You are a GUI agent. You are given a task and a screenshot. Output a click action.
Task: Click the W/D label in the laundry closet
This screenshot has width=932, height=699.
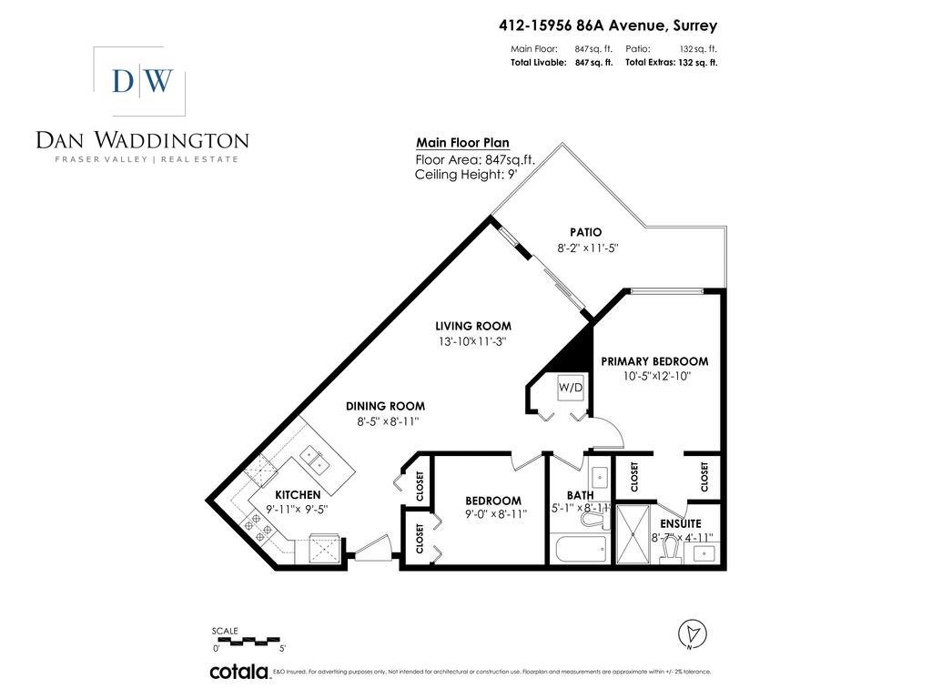click(x=571, y=388)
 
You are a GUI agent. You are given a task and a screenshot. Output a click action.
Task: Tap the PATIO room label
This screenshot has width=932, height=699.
click(x=585, y=232)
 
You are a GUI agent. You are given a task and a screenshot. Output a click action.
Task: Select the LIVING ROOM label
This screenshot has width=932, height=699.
click(x=472, y=326)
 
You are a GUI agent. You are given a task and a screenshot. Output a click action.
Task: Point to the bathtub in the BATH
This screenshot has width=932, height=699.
click(x=580, y=550)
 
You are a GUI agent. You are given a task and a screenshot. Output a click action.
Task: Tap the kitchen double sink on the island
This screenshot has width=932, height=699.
click(x=316, y=459)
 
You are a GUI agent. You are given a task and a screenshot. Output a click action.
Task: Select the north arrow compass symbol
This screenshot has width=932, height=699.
click(x=693, y=633)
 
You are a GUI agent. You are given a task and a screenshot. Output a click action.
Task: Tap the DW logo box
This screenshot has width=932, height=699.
click(x=140, y=81)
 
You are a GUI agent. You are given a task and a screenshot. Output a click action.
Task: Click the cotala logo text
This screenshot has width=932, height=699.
click(x=238, y=672)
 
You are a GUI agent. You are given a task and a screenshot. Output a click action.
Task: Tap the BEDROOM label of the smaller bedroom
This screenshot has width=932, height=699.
click(x=492, y=501)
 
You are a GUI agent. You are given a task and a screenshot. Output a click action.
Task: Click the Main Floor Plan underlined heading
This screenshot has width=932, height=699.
click(x=462, y=143)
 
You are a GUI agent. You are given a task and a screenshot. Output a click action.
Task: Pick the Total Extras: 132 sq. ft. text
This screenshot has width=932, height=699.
click(x=671, y=63)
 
